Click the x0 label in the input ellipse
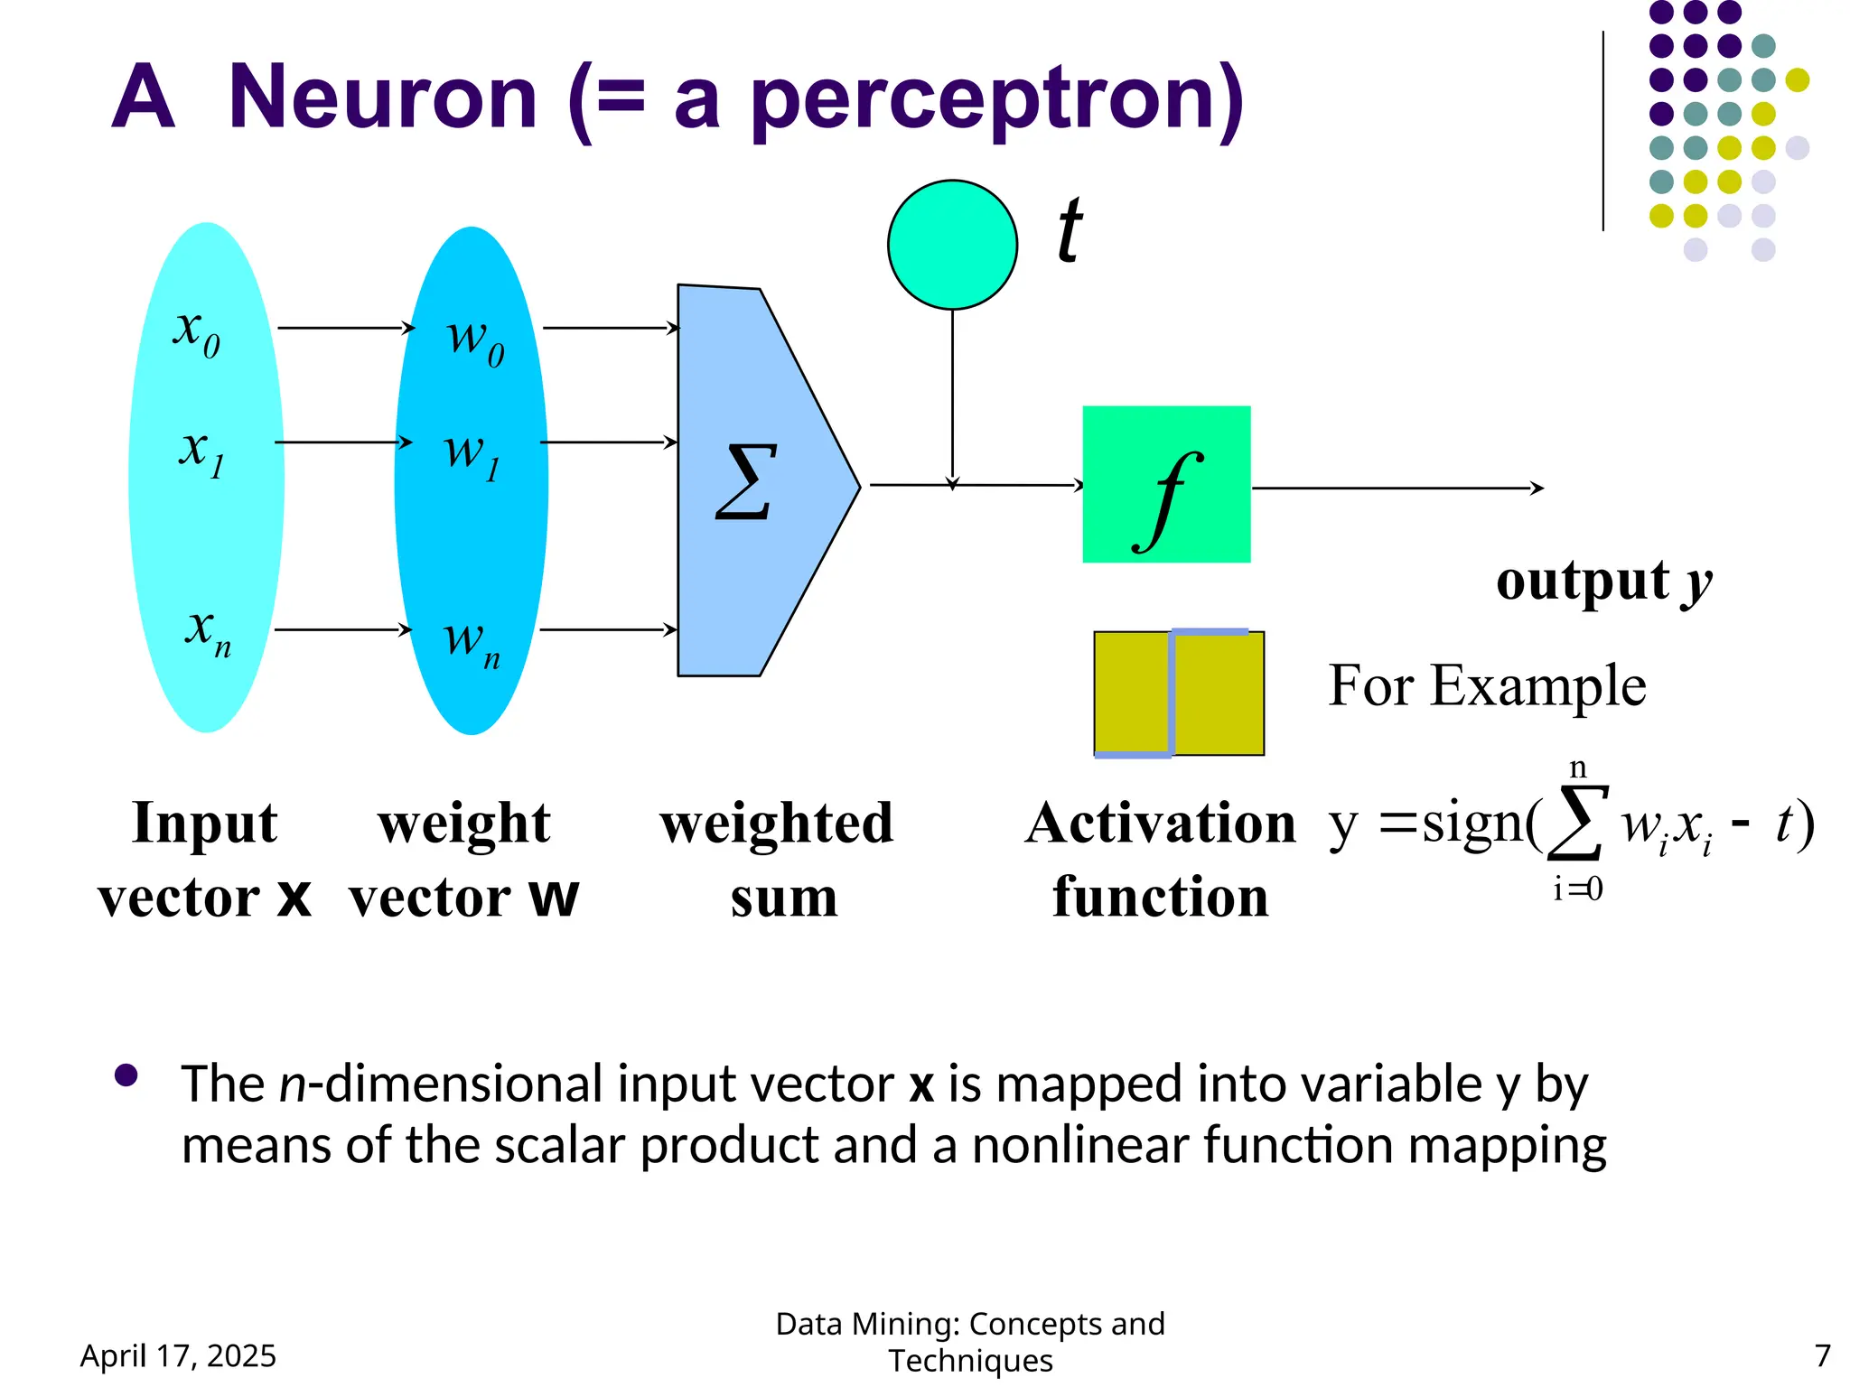(x=196, y=332)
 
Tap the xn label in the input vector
(x=207, y=631)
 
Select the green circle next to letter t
(x=952, y=245)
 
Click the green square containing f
(x=1166, y=485)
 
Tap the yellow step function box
(x=1178, y=693)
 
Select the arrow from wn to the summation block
(x=607, y=629)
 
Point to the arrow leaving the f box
(x=1397, y=489)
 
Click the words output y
(x=1603, y=581)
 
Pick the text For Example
(x=1487, y=685)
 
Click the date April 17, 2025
(x=178, y=1355)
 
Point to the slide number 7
(x=1822, y=1355)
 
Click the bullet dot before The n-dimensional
(x=126, y=1075)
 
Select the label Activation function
(x=1160, y=859)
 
